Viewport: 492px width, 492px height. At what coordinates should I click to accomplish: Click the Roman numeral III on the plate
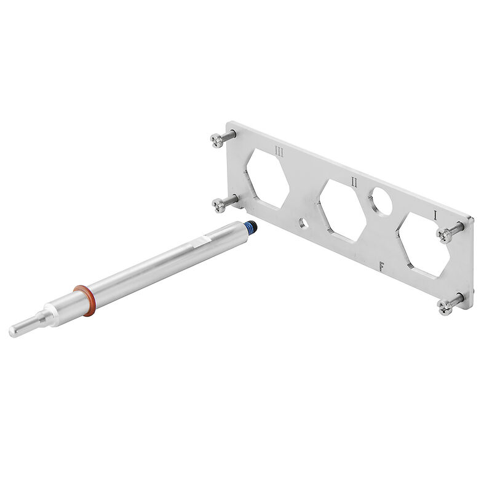[279, 151]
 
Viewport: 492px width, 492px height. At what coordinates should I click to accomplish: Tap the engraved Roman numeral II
[354, 181]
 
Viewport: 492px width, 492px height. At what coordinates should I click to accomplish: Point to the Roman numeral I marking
[435, 215]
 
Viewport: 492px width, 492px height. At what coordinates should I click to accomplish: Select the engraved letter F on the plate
[382, 266]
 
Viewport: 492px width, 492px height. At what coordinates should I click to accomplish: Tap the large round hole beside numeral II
[381, 202]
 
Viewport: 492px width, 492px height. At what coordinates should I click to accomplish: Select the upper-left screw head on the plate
[216, 141]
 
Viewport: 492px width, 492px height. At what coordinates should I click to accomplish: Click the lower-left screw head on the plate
[218, 205]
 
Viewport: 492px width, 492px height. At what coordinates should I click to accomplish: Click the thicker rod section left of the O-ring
[66, 307]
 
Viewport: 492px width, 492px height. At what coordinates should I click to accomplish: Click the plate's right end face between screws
[470, 264]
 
